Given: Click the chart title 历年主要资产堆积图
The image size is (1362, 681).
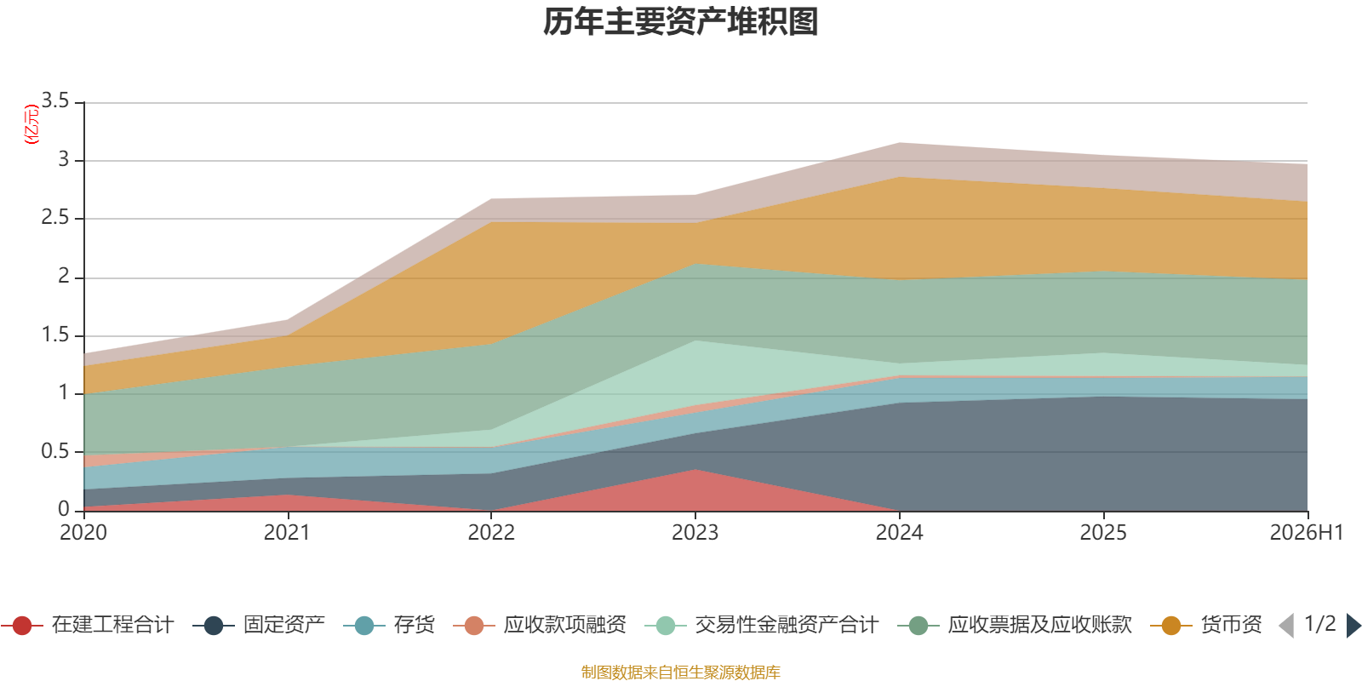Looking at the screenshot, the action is [x=680, y=22].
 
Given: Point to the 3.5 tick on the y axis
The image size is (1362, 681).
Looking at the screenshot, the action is [x=55, y=101].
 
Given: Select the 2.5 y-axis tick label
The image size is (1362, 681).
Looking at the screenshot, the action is [x=55, y=218].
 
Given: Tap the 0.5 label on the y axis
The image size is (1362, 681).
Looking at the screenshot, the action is [x=55, y=451].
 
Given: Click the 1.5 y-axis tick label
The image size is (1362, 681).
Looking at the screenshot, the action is [x=55, y=335].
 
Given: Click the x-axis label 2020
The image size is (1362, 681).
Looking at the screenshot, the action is [x=83, y=533].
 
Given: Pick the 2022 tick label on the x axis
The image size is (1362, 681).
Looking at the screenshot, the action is [x=491, y=533].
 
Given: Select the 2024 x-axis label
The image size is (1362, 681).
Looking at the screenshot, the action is [x=899, y=533].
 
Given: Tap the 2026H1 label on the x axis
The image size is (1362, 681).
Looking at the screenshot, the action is [x=1307, y=533].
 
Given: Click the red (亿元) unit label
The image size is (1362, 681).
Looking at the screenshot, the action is [x=31, y=124].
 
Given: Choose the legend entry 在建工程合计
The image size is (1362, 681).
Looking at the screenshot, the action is [x=89, y=625].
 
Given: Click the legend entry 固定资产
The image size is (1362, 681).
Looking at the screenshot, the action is [x=259, y=625].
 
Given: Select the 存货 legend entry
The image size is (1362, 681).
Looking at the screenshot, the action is [x=389, y=625].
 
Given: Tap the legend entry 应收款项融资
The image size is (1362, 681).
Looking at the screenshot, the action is [x=540, y=625].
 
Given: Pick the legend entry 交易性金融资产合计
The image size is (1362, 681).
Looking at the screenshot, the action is [x=762, y=625].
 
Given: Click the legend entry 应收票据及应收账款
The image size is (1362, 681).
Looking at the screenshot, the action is [x=1015, y=625].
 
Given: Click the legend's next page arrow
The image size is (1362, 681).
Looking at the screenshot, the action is [x=1353, y=625].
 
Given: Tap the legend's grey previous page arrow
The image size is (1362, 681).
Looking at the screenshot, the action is [x=1286, y=625].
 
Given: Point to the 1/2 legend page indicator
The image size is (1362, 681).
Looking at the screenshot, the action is [x=1320, y=624].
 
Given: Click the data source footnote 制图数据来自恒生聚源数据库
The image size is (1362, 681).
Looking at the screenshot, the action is [x=680, y=672].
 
